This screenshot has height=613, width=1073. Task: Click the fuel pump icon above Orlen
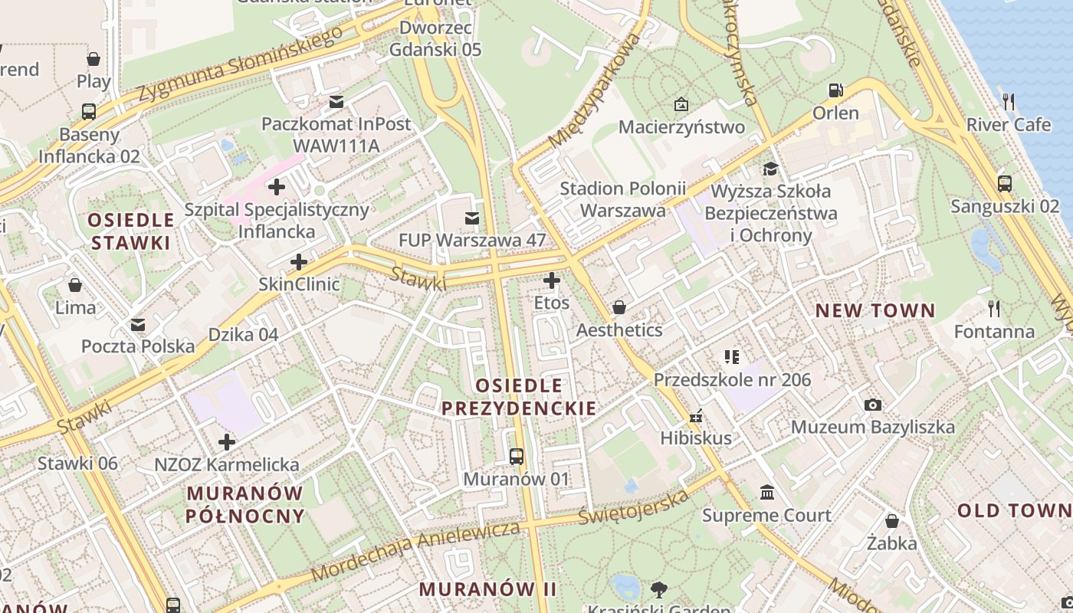[835, 90]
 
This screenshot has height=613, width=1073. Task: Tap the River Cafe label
[1009, 124]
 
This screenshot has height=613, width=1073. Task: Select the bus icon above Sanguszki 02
[1004, 184]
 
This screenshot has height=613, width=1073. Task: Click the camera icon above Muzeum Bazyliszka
[872, 405]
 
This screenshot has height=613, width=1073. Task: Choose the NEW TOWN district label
[874, 310]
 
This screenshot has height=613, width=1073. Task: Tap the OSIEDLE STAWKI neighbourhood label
[130, 231]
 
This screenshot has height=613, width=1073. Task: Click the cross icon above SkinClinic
[299, 262]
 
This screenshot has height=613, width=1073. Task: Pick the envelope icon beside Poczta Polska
[138, 325]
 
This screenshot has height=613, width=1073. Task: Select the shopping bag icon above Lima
[75, 286]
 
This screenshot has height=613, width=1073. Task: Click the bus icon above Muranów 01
[517, 457]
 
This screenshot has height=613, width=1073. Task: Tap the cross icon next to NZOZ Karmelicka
[227, 442]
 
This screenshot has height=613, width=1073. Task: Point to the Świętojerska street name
[634, 508]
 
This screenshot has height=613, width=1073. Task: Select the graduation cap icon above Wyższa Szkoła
[770, 169]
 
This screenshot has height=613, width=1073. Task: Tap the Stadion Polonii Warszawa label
[622, 199]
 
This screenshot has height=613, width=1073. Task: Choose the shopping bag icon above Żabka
[891, 521]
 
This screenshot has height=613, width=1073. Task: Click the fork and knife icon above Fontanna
[994, 309]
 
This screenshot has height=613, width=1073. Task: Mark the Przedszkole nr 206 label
[731, 379]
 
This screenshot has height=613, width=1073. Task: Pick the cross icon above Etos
[552, 280]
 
